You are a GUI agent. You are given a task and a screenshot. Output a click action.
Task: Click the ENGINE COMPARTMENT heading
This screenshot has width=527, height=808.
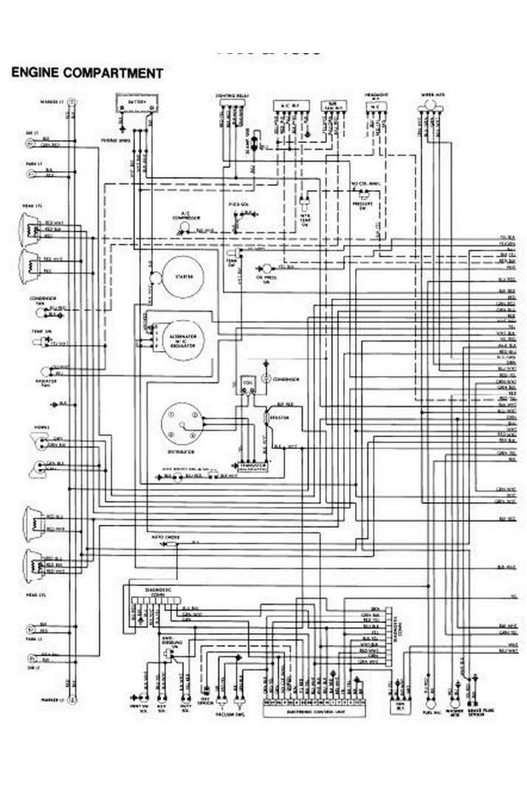[x=86, y=73]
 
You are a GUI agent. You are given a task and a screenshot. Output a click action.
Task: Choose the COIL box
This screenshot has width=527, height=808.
[x=247, y=384]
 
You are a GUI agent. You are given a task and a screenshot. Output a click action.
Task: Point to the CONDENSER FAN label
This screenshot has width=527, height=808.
[x=39, y=300]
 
